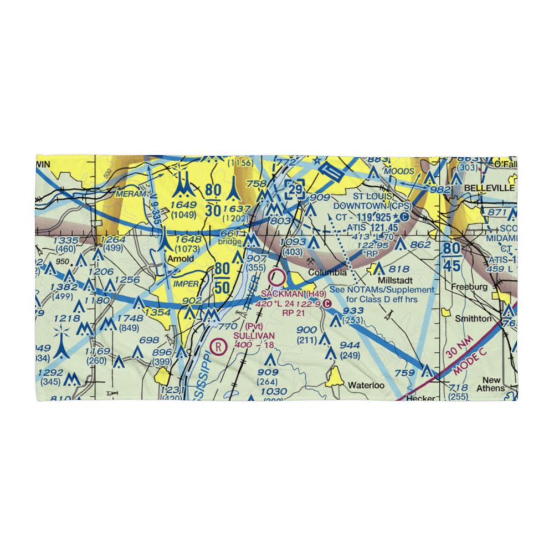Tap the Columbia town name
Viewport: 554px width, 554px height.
(x=327, y=273)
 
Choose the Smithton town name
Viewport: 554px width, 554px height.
(x=473, y=319)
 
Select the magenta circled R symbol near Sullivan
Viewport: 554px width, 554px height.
(x=219, y=347)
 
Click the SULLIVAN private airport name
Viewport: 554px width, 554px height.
(x=254, y=336)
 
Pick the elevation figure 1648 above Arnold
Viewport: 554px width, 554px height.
(x=188, y=239)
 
